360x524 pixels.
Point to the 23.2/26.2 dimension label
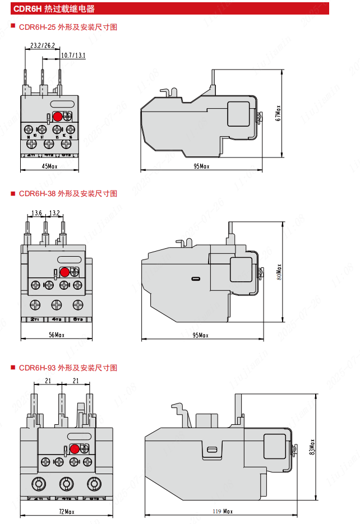(x=43, y=45)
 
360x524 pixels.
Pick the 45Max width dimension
(x=50, y=166)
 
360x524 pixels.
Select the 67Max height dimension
(x=278, y=114)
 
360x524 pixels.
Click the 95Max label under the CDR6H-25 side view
(x=201, y=166)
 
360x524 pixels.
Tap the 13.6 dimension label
(x=37, y=213)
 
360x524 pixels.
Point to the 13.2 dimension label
(x=54, y=213)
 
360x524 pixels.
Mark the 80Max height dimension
(x=279, y=272)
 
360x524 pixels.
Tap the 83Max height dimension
(x=311, y=449)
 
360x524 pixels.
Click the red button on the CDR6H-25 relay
(x=57, y=117)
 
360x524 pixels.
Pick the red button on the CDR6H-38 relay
(x=64, y=272)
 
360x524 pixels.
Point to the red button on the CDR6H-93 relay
(x=74, y=449)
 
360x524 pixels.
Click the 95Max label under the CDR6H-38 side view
(x=201, y=335)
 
